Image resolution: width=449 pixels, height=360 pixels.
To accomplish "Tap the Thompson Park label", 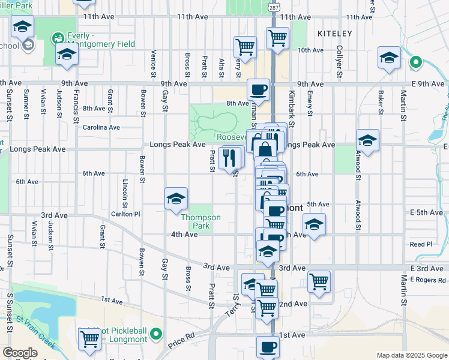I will (x=201, y=221).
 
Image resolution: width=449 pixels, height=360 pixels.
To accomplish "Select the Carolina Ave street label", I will (x=101, y=127).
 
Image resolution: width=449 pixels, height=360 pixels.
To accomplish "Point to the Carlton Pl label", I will (x=125, y=214).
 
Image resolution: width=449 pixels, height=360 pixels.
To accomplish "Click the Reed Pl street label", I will (x=421, y=244).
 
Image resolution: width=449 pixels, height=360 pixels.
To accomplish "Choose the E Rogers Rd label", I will (x=428, y=280).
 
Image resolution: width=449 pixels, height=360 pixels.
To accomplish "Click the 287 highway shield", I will (x=273, y=8).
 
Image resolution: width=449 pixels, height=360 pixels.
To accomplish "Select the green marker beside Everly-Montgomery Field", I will (x=59, y=38).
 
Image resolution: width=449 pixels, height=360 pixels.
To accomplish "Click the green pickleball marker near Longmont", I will (x=156, y=333).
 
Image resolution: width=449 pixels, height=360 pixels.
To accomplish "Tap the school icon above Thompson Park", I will (x=176, y=199).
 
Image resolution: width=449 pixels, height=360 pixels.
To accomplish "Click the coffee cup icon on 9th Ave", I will (x=258, y=89).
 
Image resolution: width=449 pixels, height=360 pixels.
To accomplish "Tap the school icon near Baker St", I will (x=389, y=58).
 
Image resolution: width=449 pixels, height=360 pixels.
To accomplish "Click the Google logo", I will (x=20, y=353).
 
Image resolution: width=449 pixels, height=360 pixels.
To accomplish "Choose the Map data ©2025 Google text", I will (x=411, y=355).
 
